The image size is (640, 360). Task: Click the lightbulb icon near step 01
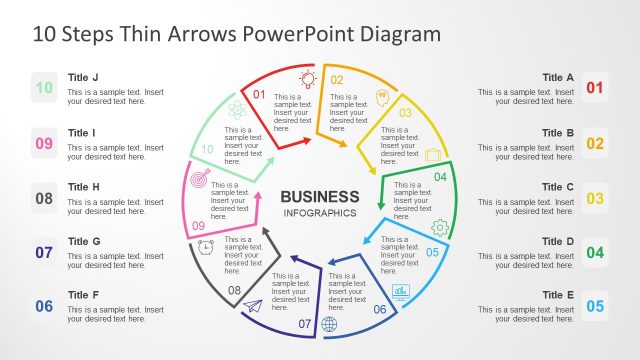click(308, 77)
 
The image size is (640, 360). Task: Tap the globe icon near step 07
click(330, 324)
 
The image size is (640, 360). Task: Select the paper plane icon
click(252, 306)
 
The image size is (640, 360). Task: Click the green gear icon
click(439, 228)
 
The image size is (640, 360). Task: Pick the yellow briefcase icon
click(433, 154)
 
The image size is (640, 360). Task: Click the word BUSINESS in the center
click(319, 196)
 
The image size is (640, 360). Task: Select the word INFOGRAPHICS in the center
click(319, 214)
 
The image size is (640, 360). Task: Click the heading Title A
click(558, 77)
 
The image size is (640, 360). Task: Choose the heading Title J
click(83, 77)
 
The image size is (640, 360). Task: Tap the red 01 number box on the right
click(595, 88)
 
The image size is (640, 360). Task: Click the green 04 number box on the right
click(595, 252)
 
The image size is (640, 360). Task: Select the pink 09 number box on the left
click(44, 143)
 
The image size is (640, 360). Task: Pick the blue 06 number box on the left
click(44, 307)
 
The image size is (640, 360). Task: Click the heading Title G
click(84, 241)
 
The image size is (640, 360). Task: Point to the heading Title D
click(558, 241)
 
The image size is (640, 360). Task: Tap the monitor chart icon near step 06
click(401, 293)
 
